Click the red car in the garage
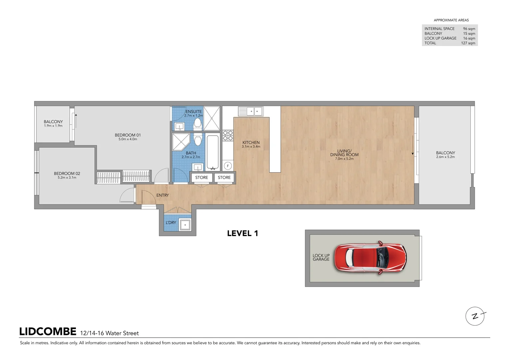370,258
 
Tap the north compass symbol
475,316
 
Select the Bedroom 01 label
128,135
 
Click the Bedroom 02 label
67,173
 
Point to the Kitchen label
251,142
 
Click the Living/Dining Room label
344,153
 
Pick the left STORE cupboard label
202,178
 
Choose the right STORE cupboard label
224,178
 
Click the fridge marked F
228,166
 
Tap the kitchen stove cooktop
228,135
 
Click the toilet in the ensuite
198,123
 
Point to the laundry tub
185,225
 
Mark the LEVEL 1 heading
243,233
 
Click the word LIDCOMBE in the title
48,332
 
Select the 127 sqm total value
468,43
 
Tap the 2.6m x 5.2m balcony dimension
445,157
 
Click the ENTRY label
163,195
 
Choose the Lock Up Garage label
321,257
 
